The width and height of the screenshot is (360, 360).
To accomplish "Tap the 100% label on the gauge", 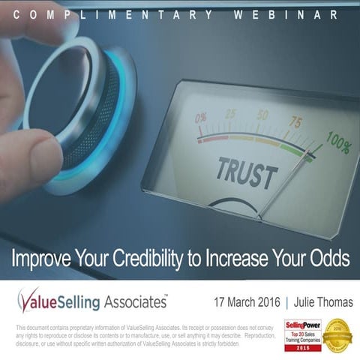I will pos(337,141).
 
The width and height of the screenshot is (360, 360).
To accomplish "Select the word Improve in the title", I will pos(40,259).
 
